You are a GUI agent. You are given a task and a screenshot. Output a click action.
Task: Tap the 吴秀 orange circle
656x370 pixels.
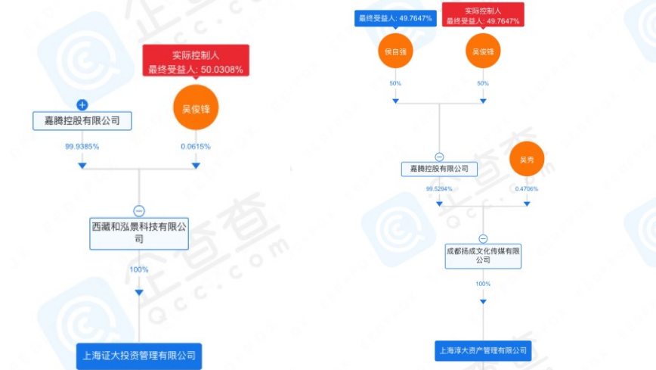527,160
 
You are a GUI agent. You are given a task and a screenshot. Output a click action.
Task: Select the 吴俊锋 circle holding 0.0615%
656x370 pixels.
195,107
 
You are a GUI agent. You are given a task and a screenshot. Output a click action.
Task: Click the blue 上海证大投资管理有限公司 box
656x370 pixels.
139,355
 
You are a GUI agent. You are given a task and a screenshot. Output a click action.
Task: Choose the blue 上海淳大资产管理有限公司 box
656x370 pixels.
484,351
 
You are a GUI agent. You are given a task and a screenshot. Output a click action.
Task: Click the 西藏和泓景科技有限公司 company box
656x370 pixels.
139,233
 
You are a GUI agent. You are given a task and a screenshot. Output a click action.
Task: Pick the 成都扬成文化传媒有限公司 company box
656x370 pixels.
484,254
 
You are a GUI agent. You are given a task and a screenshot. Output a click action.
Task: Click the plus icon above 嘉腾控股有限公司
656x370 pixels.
83,104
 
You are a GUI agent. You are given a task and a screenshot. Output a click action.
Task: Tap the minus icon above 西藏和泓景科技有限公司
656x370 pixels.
139,211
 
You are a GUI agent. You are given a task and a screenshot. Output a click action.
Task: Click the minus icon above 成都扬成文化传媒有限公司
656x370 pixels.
484,238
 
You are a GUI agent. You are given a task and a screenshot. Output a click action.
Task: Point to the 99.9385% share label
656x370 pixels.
82,146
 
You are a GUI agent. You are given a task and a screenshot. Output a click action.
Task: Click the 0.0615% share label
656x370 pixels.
196,146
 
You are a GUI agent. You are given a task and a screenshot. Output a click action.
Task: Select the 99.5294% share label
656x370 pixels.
439,188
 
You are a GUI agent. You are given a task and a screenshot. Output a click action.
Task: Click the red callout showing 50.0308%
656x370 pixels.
196,61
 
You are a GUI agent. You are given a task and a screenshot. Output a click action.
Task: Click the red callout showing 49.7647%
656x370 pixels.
483,15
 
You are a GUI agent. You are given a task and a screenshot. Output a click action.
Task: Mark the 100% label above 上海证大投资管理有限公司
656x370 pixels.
139,269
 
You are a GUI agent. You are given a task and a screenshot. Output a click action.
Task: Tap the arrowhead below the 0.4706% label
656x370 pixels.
527,204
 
